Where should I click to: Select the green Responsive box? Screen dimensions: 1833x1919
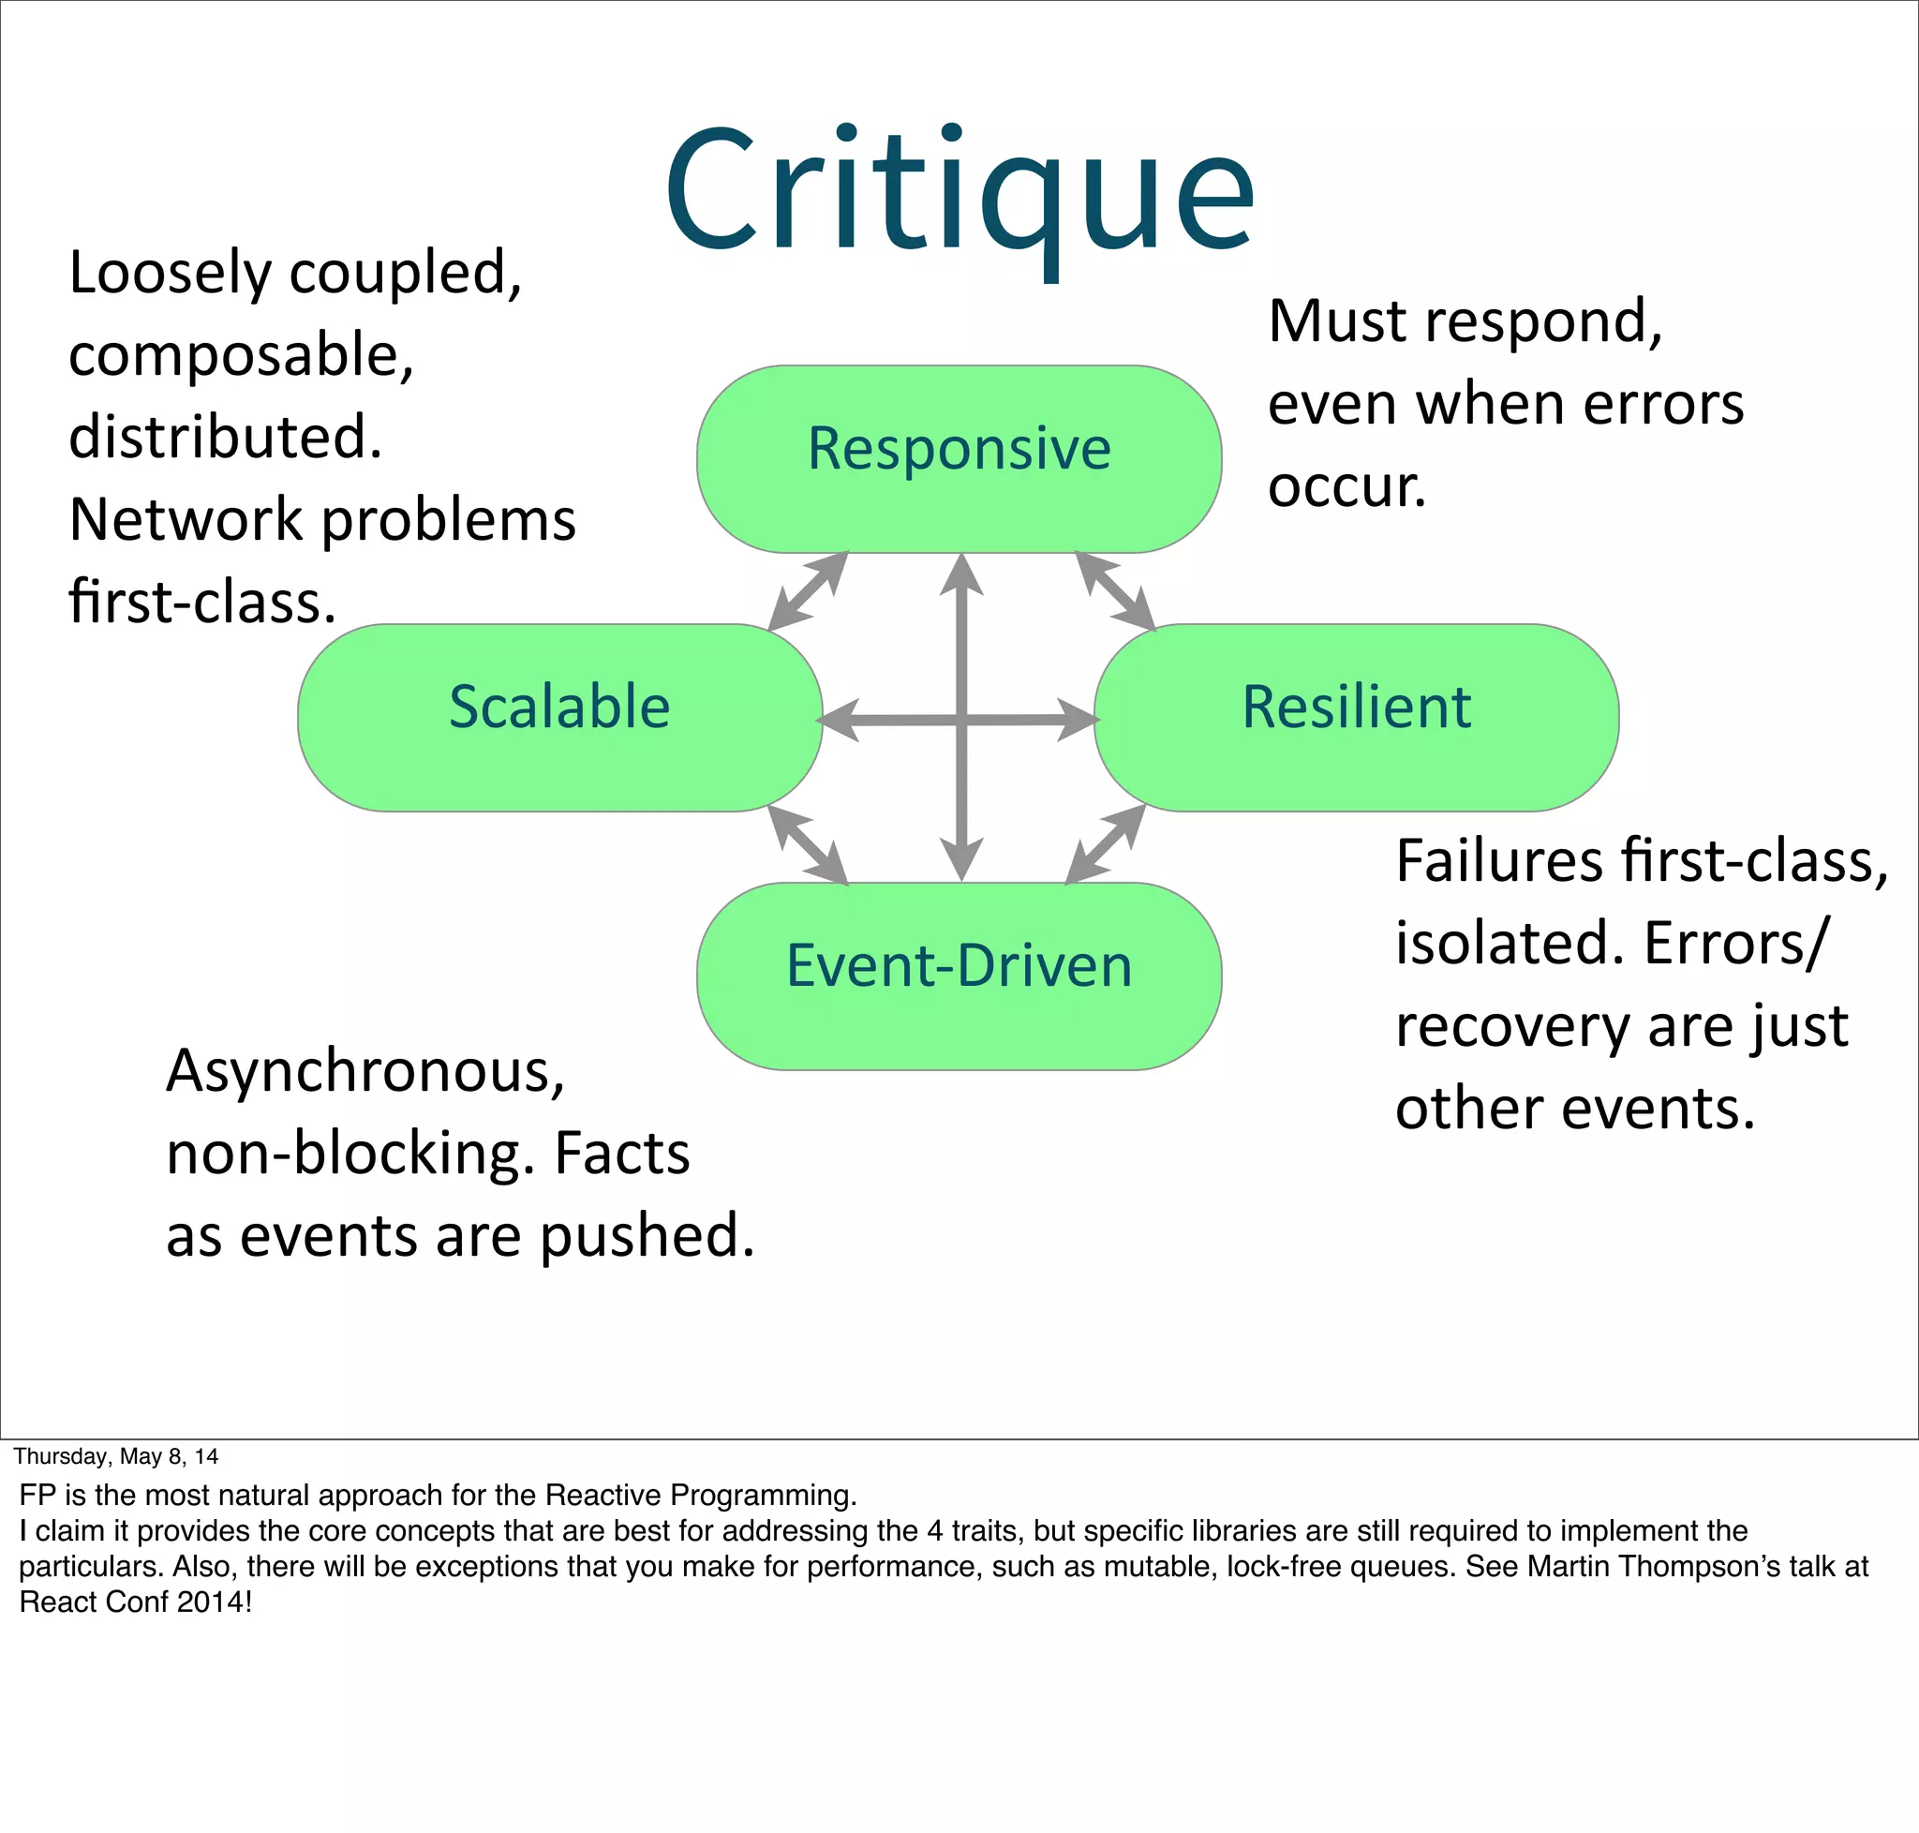click(x=959, y=458)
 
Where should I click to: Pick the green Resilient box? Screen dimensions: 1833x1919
click(x=1355, y=716)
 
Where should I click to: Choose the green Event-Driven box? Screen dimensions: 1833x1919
click(x=959, y=976)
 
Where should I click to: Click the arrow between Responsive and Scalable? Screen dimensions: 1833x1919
click(x=807, y=591)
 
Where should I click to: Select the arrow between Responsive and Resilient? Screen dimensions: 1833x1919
click(x=1115, y=591)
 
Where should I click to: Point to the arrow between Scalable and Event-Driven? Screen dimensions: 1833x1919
click(x=807, y=844)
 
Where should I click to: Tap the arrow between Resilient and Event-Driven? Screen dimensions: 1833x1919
click(x=1105, y=844)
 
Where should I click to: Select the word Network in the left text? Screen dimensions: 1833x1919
click(x=186, y=519)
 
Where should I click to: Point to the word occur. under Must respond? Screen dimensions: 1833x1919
click(x=1346, y=485)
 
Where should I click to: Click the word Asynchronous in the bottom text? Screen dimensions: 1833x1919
click(x=365, y=1072)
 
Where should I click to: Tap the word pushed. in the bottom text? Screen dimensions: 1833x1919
click(x=647, y=1236)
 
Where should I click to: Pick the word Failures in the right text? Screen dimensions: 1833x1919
click(x=1499, y=861)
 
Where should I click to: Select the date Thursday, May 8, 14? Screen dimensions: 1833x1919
click(x=115, y=1456)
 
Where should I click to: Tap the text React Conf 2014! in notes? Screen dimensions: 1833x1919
click(x=135, y=1602)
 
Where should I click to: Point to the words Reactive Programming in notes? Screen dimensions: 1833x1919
click(x=700, y=1495)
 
